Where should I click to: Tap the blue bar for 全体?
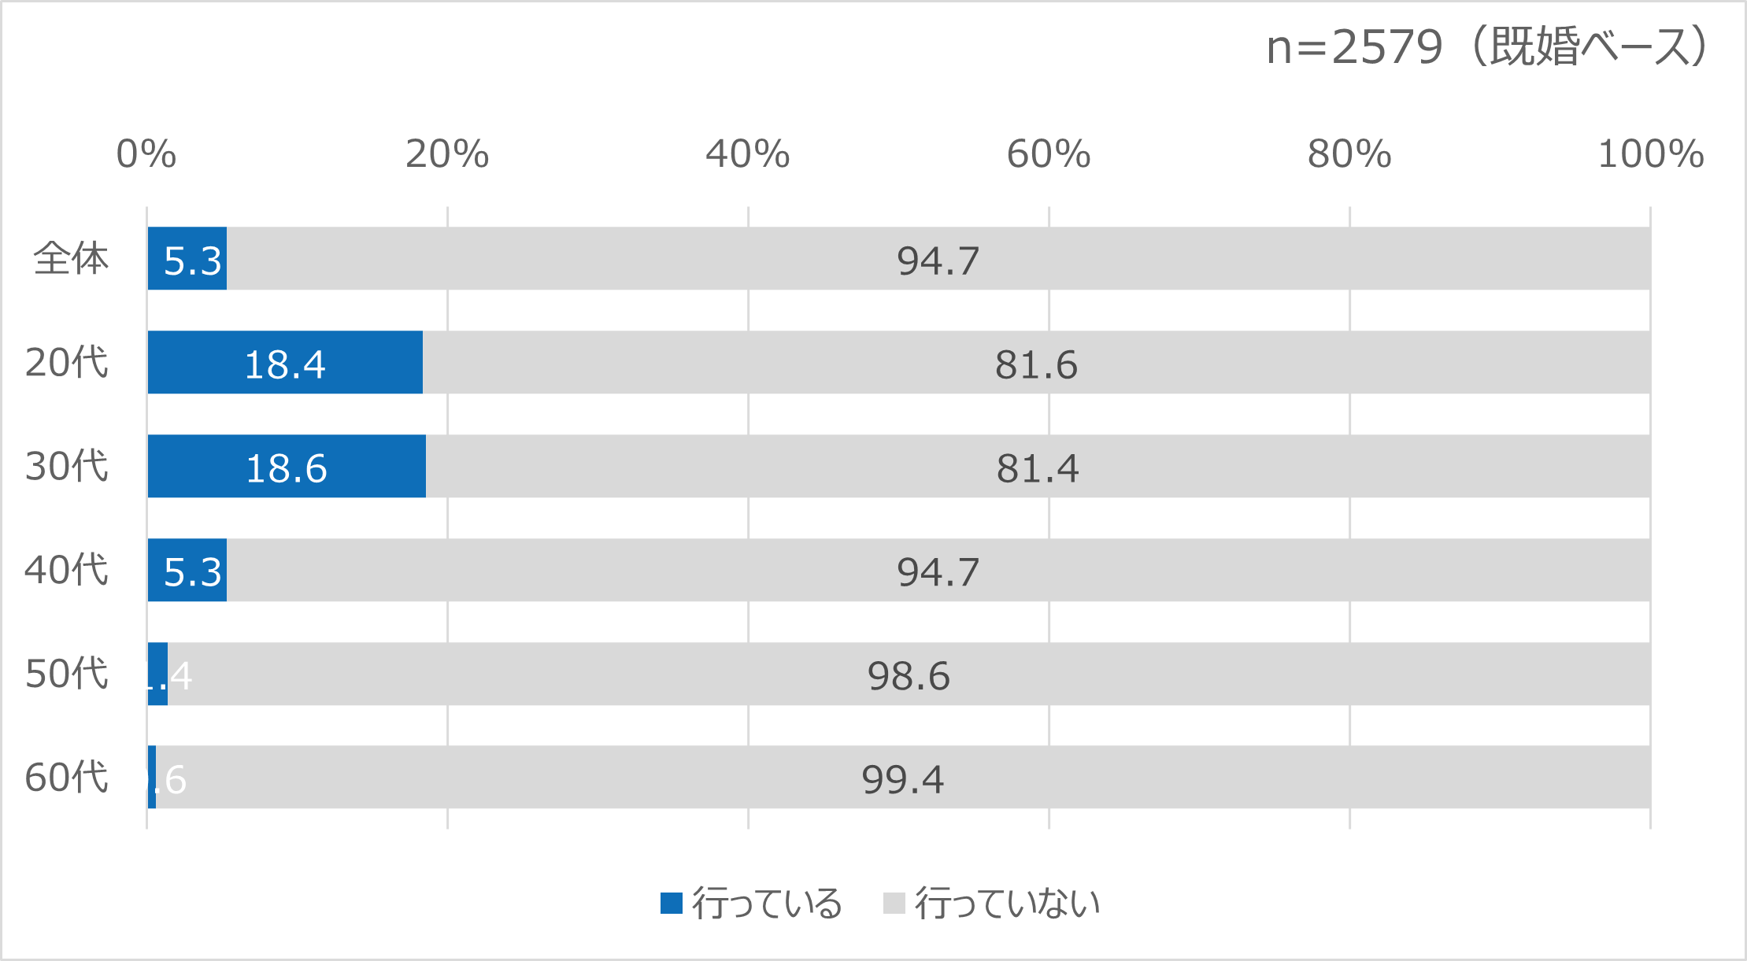point(187,258)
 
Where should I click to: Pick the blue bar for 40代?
point(187,570)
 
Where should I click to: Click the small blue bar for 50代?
point(157,674)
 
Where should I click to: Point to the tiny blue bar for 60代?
point(152,777)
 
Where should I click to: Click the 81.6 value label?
point(1036,364)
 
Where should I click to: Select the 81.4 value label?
point(1038,468)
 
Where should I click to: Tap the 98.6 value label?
point(909,676)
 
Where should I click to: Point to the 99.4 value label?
point(902,780)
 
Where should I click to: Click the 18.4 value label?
point(285,364)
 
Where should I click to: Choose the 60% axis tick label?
point(1049,154)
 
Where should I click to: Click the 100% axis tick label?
point(1650,154)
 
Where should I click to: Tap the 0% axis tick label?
point(146,154)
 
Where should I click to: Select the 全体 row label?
point(71,258)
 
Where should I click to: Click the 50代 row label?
point(67,674)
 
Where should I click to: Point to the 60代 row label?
point(67,778)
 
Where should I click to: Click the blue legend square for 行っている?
point(671,903)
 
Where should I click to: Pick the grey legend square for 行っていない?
point(894,903)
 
